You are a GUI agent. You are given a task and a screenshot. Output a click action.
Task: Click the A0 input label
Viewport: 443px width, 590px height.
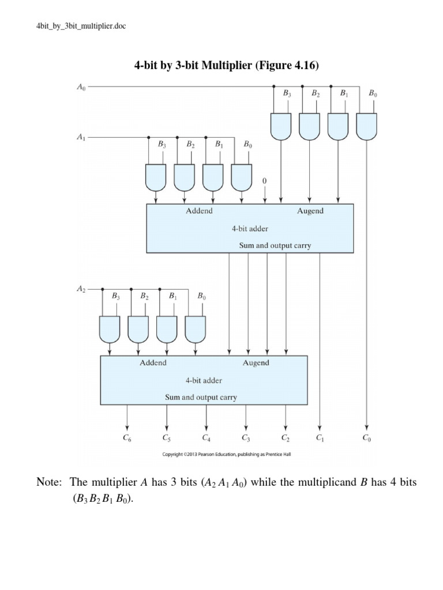point(81,88)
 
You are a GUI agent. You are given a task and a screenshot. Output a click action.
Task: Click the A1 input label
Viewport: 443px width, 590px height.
point(81,138)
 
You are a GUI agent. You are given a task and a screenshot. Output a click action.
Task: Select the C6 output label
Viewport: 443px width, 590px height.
point(127,438)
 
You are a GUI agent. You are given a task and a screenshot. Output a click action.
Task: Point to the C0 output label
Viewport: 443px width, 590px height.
point(367,438)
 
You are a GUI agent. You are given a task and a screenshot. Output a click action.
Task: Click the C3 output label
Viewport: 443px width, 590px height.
point(246,438)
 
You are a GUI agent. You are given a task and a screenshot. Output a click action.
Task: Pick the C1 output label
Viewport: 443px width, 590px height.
point(320,438)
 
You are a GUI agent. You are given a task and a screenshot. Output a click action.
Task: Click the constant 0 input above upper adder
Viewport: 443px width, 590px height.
point(265,181)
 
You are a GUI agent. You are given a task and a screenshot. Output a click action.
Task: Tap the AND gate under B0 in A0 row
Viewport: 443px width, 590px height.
point(366,126)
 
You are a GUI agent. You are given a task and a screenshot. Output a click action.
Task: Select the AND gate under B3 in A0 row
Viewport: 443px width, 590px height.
point(280,126)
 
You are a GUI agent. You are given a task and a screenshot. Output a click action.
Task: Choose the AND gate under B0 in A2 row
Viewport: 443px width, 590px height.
point(196,328)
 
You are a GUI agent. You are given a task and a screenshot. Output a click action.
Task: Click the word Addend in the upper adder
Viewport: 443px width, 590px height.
point(199,211)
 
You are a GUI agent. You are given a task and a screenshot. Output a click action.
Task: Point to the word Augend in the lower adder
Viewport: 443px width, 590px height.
point(256,363)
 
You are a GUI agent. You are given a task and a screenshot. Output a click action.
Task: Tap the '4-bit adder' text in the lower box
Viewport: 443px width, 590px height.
point(204,380)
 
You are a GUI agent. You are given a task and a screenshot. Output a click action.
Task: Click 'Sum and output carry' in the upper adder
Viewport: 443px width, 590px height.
point(275,245)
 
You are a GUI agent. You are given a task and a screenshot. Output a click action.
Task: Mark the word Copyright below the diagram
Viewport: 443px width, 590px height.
point(177,453)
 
